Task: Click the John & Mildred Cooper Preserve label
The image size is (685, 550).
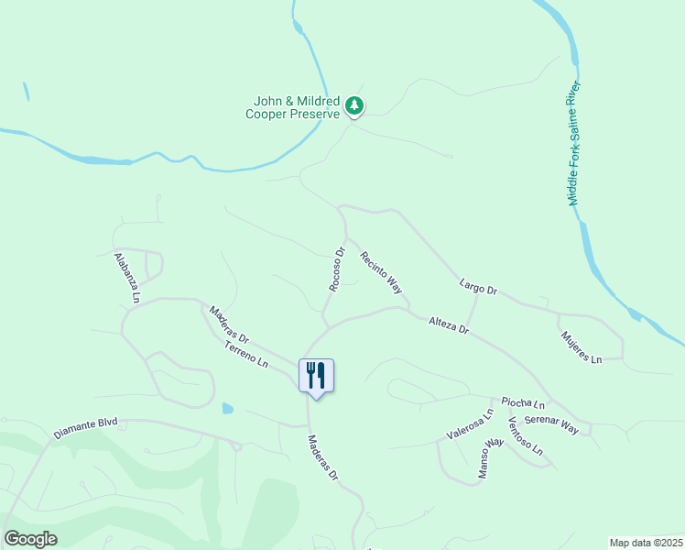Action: coord(293,107)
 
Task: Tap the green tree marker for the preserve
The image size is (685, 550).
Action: coord(354,107)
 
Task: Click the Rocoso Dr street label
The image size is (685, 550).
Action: coord(336,269)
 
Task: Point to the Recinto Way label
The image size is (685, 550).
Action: coord(381,272)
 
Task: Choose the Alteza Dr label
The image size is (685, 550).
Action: coord(449,324)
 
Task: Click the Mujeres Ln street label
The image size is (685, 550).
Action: coord(581,346)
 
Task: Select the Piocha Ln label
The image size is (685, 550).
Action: coord(523,403)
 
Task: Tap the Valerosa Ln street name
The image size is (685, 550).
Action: coord(469,425)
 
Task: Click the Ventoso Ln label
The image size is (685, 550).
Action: coord(526,436)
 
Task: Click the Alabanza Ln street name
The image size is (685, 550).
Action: coord(127,278)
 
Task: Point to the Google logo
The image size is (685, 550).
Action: coord(30,539)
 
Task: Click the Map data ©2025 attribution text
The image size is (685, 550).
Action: coord(645,543)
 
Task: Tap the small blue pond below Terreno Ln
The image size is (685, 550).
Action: coord(227,408)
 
